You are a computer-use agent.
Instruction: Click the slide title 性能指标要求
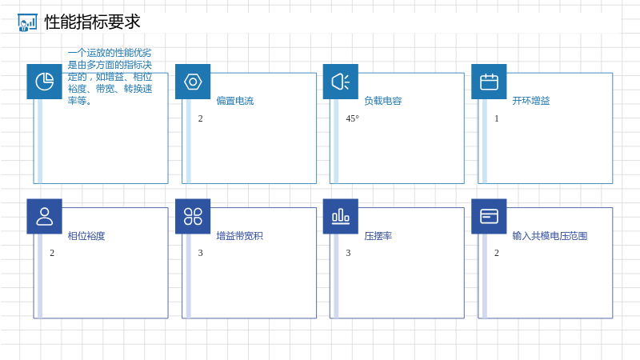pyautogui.click(x=92, y=22)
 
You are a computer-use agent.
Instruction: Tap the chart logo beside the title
pyautogui.click(x=27, y=22)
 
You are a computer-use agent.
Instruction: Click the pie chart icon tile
pyautogui.click(x=45, y=82)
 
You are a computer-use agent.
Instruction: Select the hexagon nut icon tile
pyautogui.click(x=193, y=82)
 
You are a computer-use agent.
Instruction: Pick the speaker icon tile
pyautogui.click(x=341, y=82)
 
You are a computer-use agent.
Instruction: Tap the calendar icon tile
pyautogui.click(x=489, y=82)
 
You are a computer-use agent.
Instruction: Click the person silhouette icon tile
pyautogui.click(x=45, y=216)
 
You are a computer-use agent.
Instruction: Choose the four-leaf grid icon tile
pyautogui.click(x=193, y=216)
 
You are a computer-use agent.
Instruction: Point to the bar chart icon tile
pyautogui.click(x=341, y=216)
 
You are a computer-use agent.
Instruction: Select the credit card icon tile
pyautogui.click(x=489, y=216)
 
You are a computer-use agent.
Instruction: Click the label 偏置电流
pyautogui.click(x=235, y=101)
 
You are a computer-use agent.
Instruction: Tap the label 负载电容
pyautogui.click(x=383, y=101)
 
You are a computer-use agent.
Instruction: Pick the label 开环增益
pyautogui.click(x=531, y=101)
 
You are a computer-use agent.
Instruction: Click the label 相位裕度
pyautogui.click(x=86, y=236)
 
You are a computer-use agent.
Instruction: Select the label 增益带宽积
pyautogui.click(x=239, y=236)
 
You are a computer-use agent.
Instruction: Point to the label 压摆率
pyautogui.click(x=378, y=236)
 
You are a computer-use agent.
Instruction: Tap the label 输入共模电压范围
pyautogui.click(x=550, y=236)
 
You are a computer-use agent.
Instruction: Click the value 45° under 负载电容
pyautogui.click(x=352, y=118)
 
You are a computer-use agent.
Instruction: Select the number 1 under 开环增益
pyautogui.click(x=496, y=118)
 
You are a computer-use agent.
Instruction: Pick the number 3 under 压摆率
pyautogui.click(x=348, y=253)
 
